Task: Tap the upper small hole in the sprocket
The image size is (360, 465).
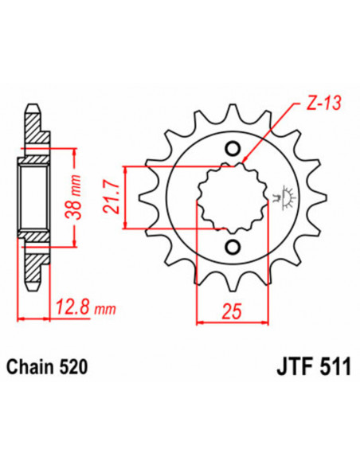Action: (233, 149)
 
